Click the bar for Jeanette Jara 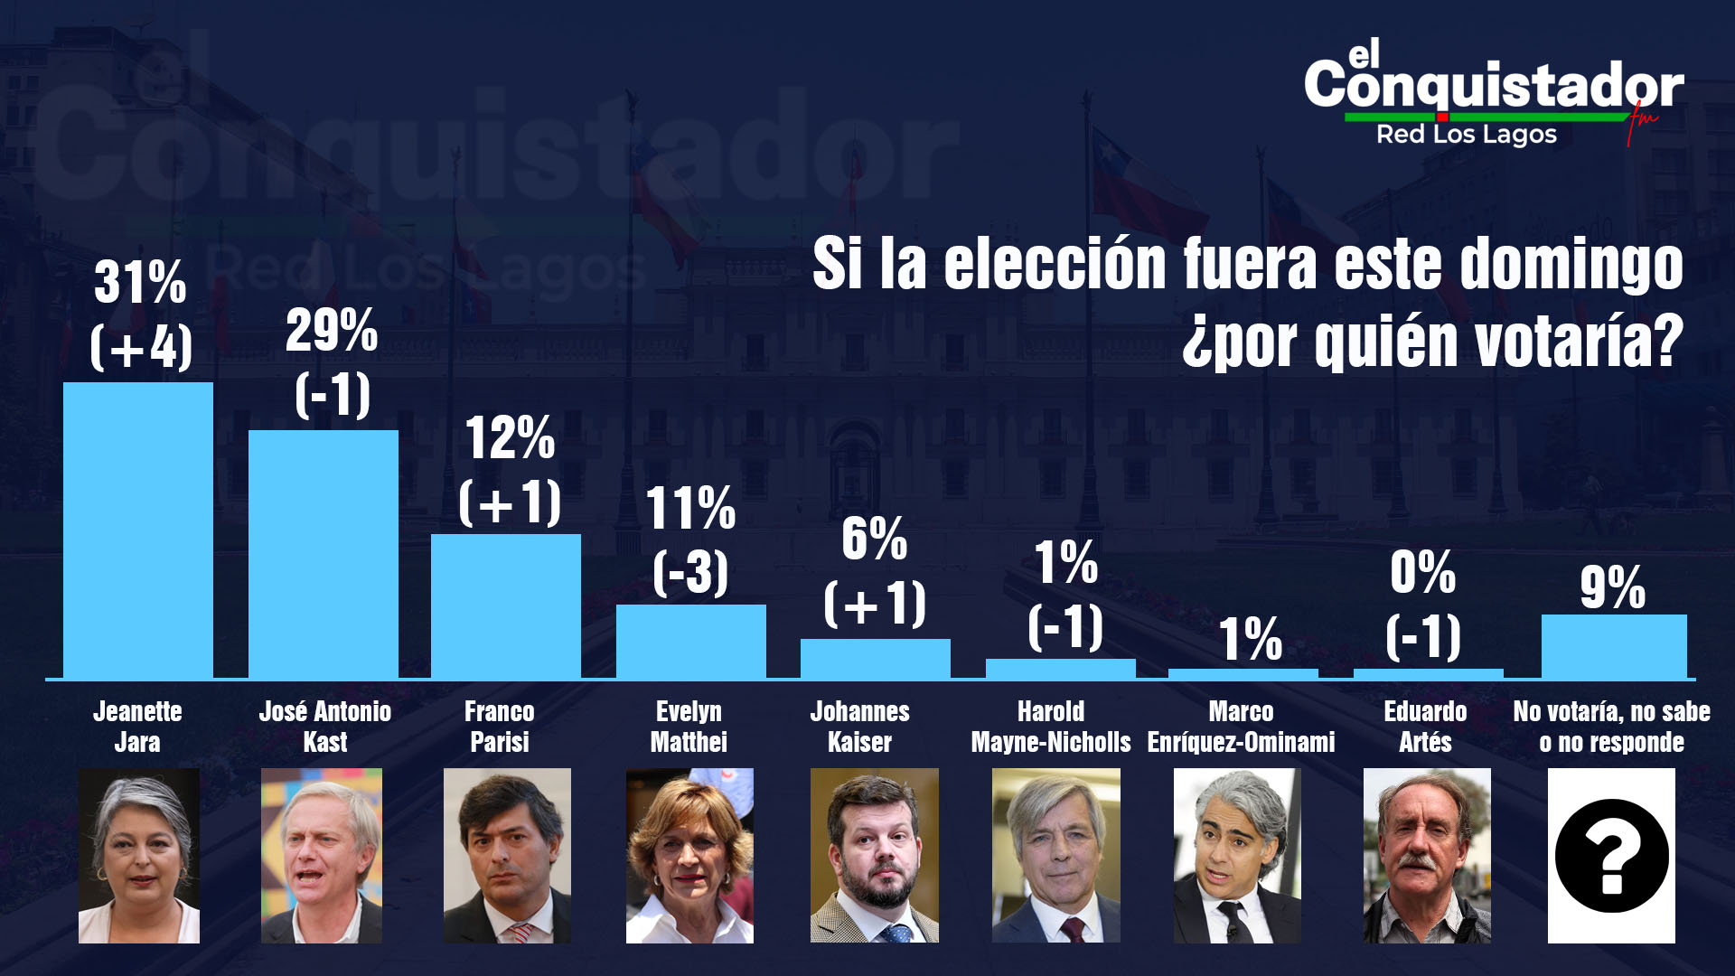138,530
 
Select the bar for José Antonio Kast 324,553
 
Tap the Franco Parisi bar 506,605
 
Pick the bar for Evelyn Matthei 691,641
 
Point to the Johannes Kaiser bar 875,658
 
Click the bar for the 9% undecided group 1614,646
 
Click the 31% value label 140,282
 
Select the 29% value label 332,331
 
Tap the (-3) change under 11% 690,572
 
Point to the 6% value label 874,540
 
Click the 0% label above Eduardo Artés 1423,573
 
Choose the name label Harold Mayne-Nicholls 1050,727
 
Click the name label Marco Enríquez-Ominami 1241,727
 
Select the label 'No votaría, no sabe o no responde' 1612,727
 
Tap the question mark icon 1611,855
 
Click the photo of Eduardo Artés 1427,855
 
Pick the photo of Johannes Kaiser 874,855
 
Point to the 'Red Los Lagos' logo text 1466,135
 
